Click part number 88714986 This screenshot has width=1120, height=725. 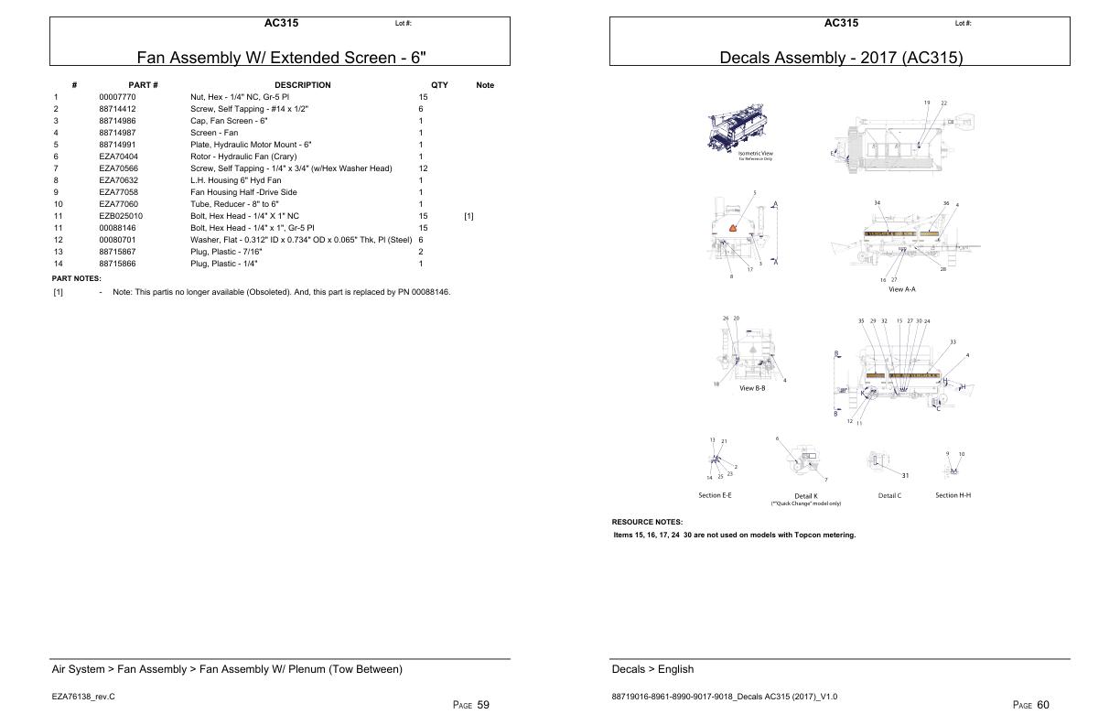point(117,121)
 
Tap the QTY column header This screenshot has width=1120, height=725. point(439,85)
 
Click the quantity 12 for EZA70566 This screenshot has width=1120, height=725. point(423,168)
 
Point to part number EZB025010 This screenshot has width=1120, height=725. point(120,216)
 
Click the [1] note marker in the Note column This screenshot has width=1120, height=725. point(468,216)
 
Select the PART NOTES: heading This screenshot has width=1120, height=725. point(76,278)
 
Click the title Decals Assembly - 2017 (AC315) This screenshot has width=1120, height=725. point(841,58)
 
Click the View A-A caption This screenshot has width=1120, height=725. point(901,288)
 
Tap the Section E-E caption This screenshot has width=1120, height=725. point(715,495)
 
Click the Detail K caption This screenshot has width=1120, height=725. point(805,496)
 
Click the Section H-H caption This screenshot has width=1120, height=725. point(953,495)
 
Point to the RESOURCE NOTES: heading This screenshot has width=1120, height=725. point(647,522)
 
